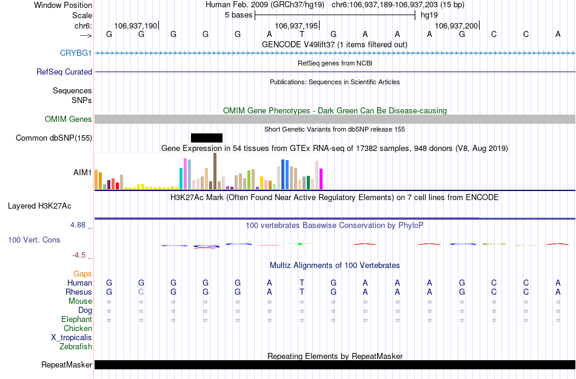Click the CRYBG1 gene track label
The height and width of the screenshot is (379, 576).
pos(76,53)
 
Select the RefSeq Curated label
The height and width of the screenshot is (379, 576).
pos(64,72)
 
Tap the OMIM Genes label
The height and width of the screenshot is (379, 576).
pos(68,119)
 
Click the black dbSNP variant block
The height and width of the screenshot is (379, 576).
pos(207,138)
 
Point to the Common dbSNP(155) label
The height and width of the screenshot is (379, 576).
pos(54,138)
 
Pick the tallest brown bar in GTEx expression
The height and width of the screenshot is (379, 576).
pos(215,171)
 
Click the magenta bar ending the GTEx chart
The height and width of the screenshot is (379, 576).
pos(321,178)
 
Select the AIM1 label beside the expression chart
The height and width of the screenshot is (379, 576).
pos(82,173)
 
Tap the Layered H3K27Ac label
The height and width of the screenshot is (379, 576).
pos(39,206)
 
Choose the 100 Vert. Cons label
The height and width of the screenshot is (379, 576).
pos(34,240)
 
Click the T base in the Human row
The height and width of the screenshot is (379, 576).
pos(301,283)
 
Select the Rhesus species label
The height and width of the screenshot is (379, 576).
pos(79,292)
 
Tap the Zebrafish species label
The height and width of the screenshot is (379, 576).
pos(76,347)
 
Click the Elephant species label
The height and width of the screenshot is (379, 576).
pos(76,320)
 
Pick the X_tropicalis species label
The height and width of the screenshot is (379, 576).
pos(72,338)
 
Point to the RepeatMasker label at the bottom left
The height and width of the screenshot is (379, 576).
pos(67,365)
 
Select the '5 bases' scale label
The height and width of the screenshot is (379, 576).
pos(238,15)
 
